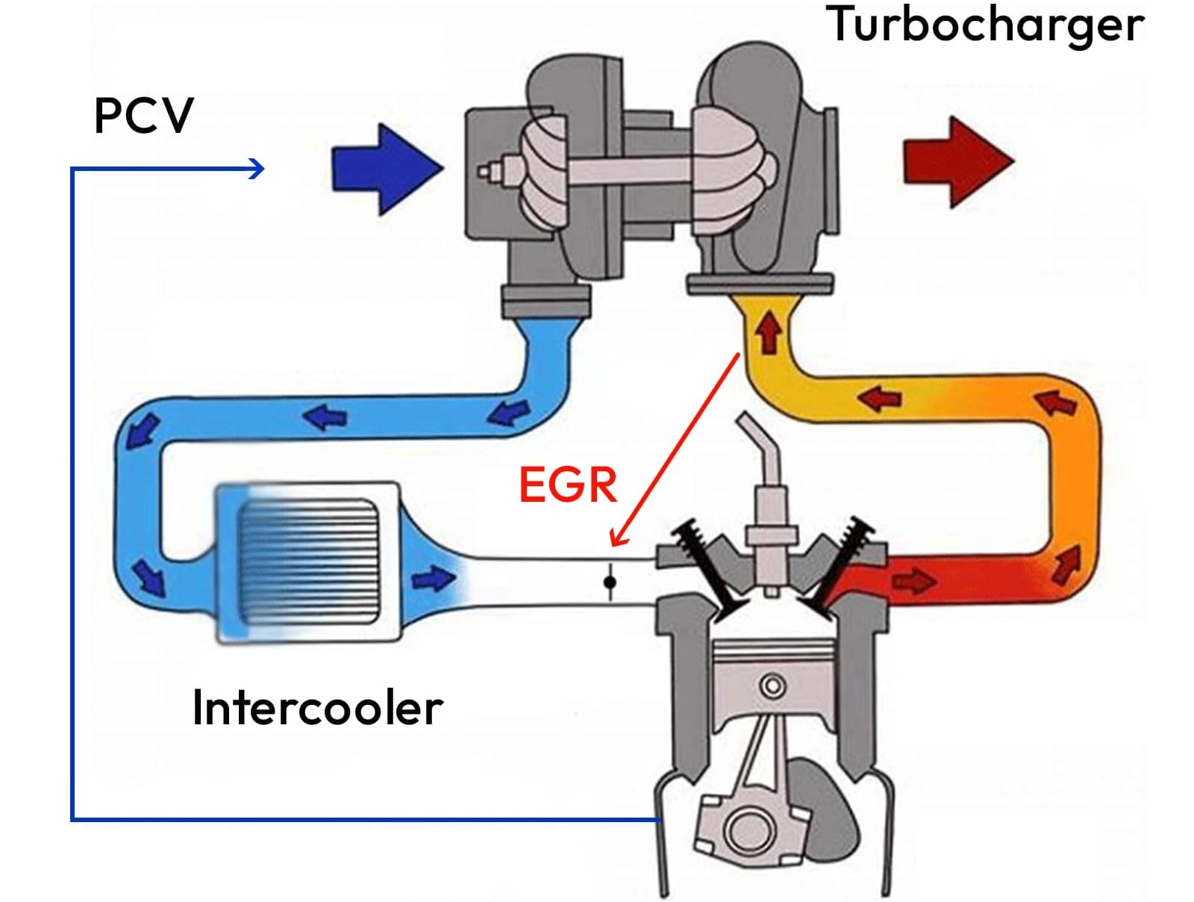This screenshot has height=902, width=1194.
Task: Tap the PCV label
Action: pos(143,116)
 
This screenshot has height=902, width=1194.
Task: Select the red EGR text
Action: pos(568,485)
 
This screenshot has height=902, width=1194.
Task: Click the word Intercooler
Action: pos(317,708)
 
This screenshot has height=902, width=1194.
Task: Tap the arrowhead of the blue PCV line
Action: pos(257,169)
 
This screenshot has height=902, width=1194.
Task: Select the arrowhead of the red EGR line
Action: pos(618,538)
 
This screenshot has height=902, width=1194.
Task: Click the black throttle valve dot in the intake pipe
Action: pos(610,582)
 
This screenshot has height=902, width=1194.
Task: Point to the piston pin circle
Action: pos(772,685)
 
